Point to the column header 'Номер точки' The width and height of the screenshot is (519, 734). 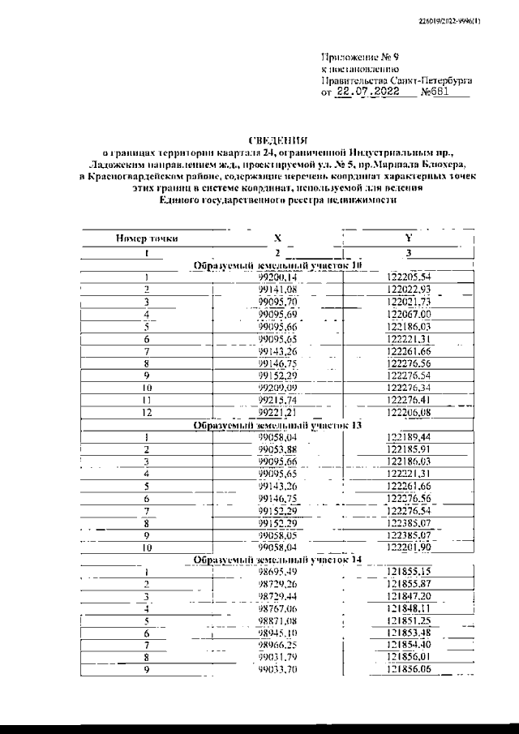[x=148, y=238]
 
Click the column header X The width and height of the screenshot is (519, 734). [x=277, y=238]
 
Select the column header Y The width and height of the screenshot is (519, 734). [x=409, y=238]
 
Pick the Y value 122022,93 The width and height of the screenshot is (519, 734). [x=409, y=290]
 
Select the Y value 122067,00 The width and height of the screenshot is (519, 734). [x=409, y=314]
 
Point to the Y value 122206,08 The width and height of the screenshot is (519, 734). [x=409, y=412]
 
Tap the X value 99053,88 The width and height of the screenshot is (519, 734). [x=277, y=449]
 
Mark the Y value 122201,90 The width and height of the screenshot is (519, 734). [x=409, y=547]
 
